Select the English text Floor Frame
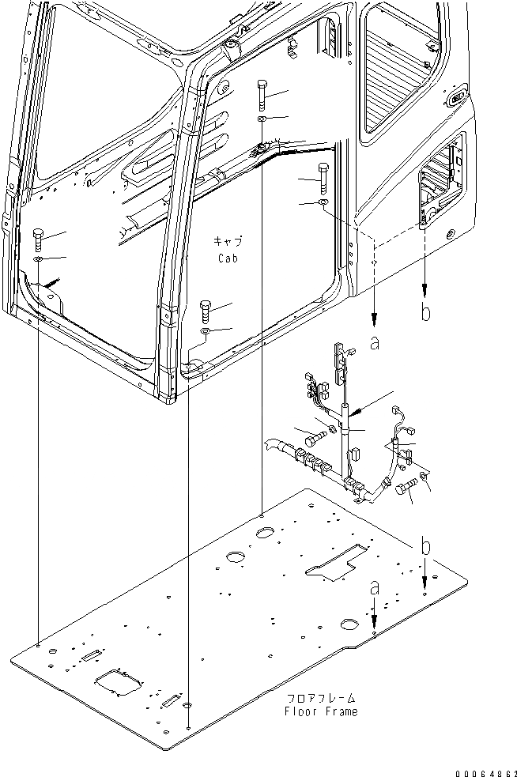click(320, 711)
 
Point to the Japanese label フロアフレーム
click(320, 699)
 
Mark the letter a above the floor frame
click(375, 589)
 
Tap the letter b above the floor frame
click(425, 546)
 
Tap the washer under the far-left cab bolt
click(38, 259)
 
